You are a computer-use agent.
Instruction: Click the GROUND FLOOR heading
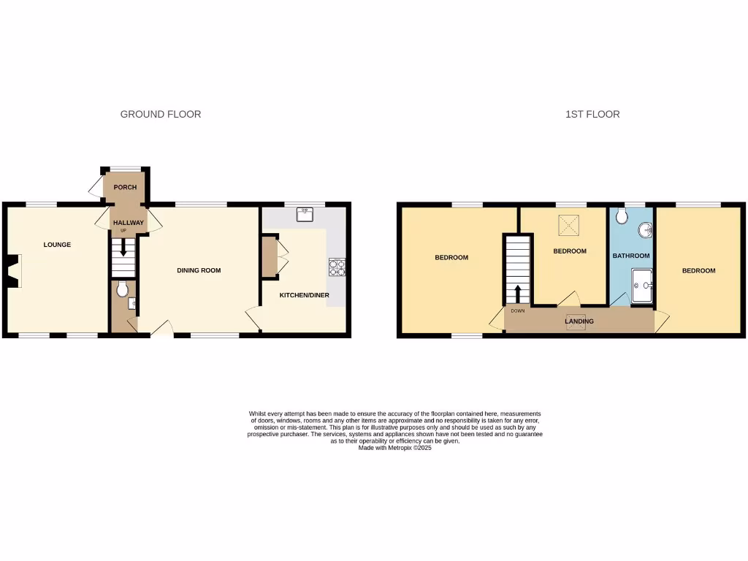161,114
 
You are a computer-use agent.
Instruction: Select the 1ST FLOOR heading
592,114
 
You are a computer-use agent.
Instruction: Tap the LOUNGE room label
57,245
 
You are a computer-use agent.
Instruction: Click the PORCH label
125,188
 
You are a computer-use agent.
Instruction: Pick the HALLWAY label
128,223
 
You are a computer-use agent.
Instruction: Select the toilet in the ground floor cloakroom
121,287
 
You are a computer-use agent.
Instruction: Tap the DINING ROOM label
199,270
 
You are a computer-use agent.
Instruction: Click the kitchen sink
305,214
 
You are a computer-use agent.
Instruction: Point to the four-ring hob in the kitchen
337,268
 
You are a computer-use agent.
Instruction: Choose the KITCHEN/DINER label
304,295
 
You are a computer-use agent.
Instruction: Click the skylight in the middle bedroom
569,226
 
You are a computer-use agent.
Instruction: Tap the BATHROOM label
630,256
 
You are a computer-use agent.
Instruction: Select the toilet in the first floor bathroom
622,215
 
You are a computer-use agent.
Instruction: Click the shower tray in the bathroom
642,285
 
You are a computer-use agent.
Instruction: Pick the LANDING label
579,321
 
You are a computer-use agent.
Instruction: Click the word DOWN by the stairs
518,311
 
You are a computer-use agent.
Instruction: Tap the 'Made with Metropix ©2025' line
394,448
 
